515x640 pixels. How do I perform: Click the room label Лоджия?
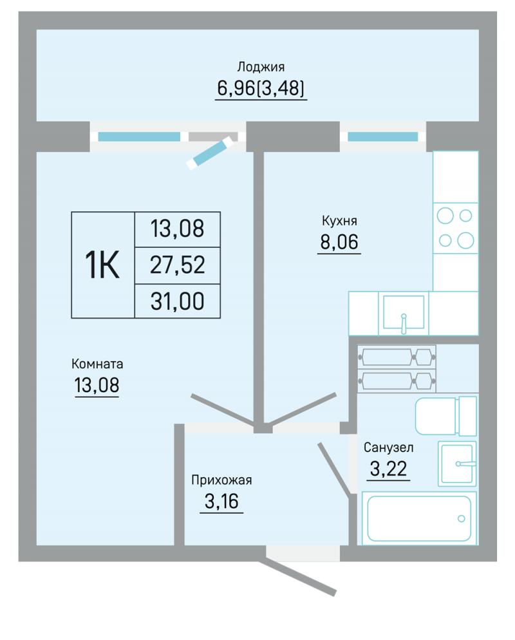click(261, 66)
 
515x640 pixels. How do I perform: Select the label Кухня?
click(339, 221)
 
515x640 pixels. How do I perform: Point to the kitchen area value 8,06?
click(339, 241)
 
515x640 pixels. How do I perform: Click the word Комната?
click(97, 364)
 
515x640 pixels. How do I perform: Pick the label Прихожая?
click(221, 480)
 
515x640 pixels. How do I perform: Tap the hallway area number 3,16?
click(221, 501)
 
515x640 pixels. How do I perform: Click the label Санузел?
click(388, 447)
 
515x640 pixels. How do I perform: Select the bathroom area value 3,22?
click(388, 469)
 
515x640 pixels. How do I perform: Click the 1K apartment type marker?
click(102, 265)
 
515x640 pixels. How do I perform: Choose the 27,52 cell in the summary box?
click(178, 265)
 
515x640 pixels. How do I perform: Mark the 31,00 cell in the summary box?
click(178, 301)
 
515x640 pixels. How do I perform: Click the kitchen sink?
click(403, 313)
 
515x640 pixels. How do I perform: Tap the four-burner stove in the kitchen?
click(455, 228)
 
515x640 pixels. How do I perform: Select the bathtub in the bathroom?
click(418, 518)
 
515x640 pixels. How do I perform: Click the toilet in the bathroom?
click(446, 415)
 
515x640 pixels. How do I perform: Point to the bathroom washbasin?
click(457, 464)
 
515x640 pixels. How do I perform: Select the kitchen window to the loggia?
click(383, 136)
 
